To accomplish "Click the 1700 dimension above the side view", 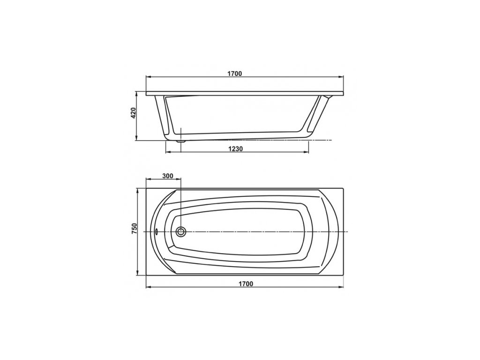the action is pyautogui.click(x=235, y=74).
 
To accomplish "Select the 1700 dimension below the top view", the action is pyautogui.click(x=246, y=284).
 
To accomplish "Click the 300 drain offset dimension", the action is pyautogui.click(x=167, y=176).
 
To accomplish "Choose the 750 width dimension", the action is pyautogui.click(x=134, y=228).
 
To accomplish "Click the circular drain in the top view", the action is pyautogui.click(x=181, y=232).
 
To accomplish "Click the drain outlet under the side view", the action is pyautogui.click(x=180, y=142).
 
